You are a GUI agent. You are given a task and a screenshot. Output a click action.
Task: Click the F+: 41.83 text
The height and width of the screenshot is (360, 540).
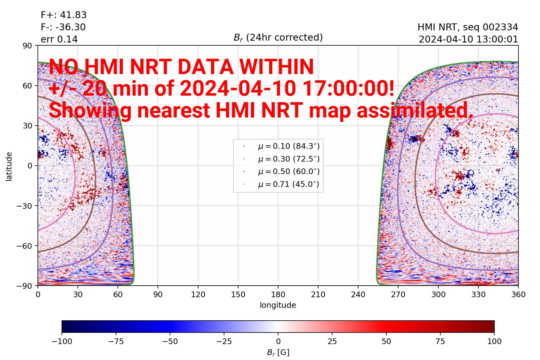[64, 15]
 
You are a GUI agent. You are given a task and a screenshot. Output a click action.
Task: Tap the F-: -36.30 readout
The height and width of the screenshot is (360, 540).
[63, 27]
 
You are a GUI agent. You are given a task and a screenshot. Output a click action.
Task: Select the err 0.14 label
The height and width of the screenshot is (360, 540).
[59, 39]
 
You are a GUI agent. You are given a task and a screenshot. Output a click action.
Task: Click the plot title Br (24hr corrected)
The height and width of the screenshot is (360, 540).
[278, 37]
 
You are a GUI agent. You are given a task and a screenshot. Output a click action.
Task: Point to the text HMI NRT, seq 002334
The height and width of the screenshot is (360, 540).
[468, 27]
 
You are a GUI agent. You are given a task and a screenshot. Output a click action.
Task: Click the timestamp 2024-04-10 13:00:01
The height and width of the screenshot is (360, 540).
[468, 40]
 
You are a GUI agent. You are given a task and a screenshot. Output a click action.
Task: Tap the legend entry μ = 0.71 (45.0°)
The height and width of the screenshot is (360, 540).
[288, 184]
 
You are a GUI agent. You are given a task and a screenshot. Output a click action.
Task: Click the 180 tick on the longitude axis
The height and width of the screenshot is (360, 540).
[278, 294]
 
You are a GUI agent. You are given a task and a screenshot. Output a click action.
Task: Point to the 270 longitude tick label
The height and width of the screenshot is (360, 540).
[398, 294]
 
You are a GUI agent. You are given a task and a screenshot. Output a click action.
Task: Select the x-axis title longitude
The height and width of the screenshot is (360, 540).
[278, 305]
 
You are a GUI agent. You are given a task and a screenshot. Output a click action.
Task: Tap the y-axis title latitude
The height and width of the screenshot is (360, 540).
[9, 166]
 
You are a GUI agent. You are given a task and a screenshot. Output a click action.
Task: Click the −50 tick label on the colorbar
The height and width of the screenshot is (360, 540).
[170, 341]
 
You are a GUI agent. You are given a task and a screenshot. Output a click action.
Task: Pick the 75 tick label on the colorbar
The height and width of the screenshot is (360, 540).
[440, 341]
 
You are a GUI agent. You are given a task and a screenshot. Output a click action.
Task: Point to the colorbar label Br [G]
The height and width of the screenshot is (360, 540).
[278, 352]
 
